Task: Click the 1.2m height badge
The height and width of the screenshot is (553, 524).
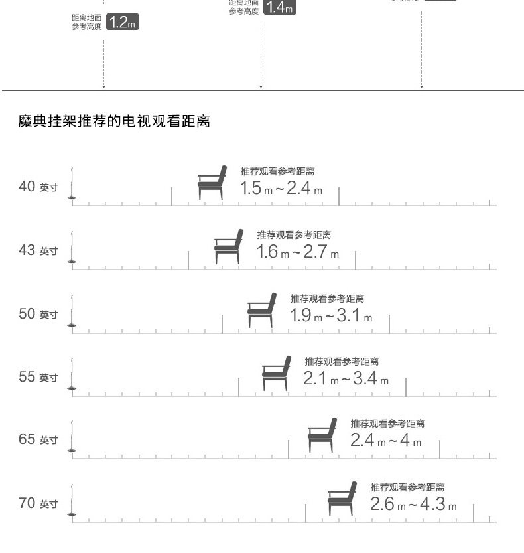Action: click(x=122, y=23)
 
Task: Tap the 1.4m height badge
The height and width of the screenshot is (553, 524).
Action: click(x=279, y=7)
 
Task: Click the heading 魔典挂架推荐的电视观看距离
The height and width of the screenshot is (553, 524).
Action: click(x=114, y=121)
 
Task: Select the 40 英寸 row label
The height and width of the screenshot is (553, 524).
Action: click(x=38, y=187)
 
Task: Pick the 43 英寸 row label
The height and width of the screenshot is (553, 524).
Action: click(x=38, y=250)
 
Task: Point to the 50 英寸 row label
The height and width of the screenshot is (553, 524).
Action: click(x=38, y=313)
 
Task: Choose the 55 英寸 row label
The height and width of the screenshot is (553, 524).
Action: click(x=38, y=377)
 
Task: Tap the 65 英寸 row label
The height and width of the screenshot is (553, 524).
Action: click(x=38, y=439)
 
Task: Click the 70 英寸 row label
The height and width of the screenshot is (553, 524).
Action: click(x=38, y=503)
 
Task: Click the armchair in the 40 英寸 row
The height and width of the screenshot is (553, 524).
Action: click(x=212, y=183)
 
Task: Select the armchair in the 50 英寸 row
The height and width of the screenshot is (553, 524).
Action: click(x=262, y=310)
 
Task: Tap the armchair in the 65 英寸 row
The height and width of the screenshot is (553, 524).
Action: click(x=322, y=435)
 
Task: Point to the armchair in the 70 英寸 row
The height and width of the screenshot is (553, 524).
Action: click(x=342, y=499)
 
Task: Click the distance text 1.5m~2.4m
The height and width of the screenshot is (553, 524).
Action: click(x=281, y=189)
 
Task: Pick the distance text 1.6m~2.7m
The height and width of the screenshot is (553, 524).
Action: click(x=298, y=252)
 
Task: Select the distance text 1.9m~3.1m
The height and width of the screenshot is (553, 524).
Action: click(x=330, y=316)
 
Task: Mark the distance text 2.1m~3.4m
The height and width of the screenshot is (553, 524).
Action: click(x=346, y=379)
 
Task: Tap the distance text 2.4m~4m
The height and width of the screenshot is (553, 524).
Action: click(x=386, y=441)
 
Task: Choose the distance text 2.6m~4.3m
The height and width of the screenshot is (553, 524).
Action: click(x=413, y=504)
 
